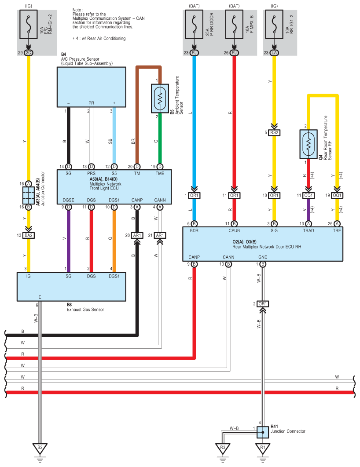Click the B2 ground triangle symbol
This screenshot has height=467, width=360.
pos(40,448)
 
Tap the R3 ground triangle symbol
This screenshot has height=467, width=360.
pos(223,448)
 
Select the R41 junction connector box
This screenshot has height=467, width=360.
pos(263,432)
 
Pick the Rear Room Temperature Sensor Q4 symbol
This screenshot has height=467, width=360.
pos(309,145)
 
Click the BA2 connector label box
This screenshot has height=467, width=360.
pos(29,235)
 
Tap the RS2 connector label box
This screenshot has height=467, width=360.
pos(275,132)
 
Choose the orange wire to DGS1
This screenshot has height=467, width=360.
pos(114,242)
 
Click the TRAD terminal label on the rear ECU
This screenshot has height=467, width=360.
pos(309,230)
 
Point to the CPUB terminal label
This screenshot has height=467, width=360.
pos(234,230)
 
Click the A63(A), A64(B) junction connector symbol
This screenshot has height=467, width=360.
pos(28,194)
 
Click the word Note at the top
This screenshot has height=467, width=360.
pos(77,9)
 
